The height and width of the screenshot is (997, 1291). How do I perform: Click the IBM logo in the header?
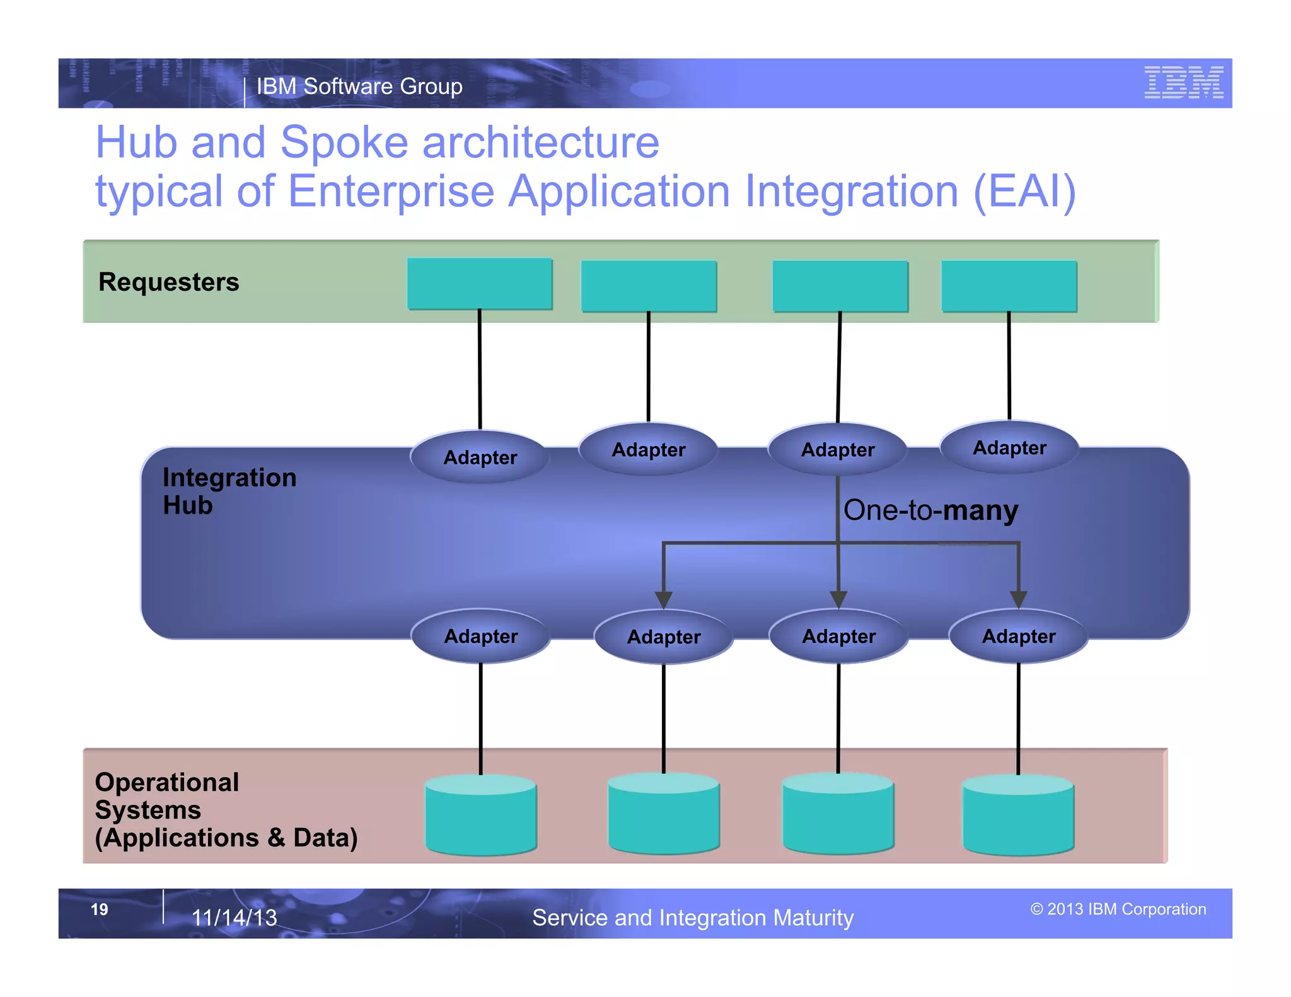tap(1183, 83)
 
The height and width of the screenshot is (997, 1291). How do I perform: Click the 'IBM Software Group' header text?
tap(359, 86)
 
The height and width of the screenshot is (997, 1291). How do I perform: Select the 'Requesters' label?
tap(169, 282)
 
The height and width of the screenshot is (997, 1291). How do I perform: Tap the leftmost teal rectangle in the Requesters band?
tap(480, 284)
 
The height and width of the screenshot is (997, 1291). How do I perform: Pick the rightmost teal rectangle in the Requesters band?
tap(1009, 286)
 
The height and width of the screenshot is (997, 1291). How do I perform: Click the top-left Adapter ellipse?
tap(480, 457)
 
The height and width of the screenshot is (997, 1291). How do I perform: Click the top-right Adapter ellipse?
tap(1009, 447)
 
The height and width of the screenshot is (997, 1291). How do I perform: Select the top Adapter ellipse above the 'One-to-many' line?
tap(838, 449)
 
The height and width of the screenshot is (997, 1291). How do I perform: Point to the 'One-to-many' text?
tap(930, 510)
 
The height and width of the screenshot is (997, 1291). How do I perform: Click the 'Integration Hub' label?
tap(229, 491)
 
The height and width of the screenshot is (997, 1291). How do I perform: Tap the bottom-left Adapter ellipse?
tap(481, 636)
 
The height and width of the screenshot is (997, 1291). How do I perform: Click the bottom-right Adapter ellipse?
tap(1019, 636)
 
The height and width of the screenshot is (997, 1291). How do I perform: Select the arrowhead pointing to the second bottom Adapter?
tap(663, 599)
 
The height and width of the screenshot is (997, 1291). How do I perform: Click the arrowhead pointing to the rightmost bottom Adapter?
tap(1019, 599)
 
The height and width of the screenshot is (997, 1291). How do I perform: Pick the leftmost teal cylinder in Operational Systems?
tap(481, 816)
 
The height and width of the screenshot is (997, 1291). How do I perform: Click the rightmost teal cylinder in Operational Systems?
tap(1019, 816)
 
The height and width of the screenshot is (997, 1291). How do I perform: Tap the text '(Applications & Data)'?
tap(226, 838)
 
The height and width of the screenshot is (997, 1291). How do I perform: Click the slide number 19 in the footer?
tap(100, 909)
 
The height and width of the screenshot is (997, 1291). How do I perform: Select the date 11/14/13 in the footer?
tap(234, 918)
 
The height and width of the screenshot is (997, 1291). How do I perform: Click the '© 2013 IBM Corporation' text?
tap(1118, 909)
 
